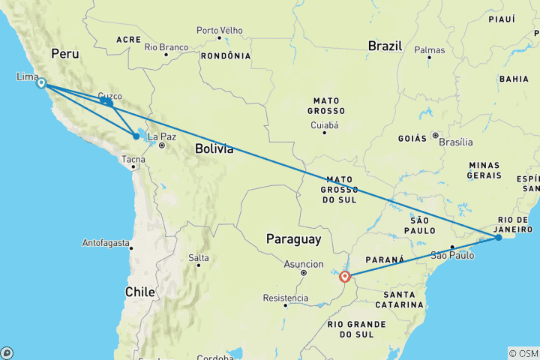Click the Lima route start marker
point(41,83)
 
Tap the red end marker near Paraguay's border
point(345,276)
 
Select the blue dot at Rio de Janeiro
point(499,238)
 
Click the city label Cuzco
point(109,97)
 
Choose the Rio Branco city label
point(166,48)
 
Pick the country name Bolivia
point(214,149)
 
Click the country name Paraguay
point(294,239)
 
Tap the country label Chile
point(140,292)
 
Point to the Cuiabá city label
point(325,124)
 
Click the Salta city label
point(199,258)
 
